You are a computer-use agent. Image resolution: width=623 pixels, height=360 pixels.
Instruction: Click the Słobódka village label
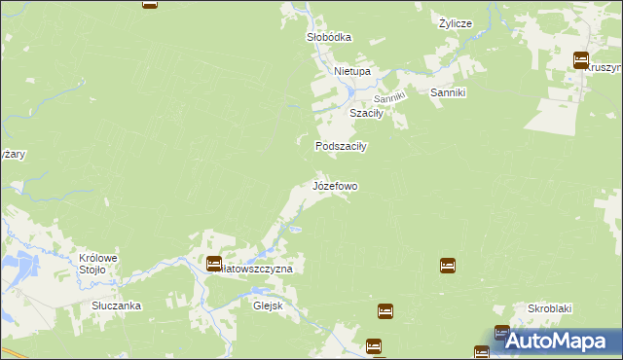click(328, 37)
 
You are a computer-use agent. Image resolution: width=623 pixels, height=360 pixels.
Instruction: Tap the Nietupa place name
click(352, 72)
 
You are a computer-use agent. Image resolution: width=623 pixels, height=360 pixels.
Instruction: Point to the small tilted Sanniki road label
click(389, 98)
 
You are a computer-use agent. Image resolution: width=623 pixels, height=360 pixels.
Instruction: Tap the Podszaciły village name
click(340, 146)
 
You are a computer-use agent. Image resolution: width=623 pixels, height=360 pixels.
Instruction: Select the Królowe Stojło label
click(98, 264)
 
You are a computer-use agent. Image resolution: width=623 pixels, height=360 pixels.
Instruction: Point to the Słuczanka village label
click(116, 306)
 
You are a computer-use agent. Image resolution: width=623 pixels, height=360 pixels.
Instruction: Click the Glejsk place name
click(268, 304)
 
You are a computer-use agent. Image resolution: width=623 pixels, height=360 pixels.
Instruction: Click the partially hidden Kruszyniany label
click(605, 68)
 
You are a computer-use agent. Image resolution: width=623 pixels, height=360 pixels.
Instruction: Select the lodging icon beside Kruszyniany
click(581, 60)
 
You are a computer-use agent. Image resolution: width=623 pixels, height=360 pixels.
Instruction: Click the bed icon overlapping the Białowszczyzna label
click(213, 263)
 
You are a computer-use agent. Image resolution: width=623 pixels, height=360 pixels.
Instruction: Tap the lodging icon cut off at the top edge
click(150, 3)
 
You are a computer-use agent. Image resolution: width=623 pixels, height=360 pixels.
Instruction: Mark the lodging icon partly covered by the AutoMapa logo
click(501, 333)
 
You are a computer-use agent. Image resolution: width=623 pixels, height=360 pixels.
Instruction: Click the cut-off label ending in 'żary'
click(13, 155)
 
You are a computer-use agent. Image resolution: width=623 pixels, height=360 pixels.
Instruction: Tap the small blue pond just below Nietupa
click(350, 92)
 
